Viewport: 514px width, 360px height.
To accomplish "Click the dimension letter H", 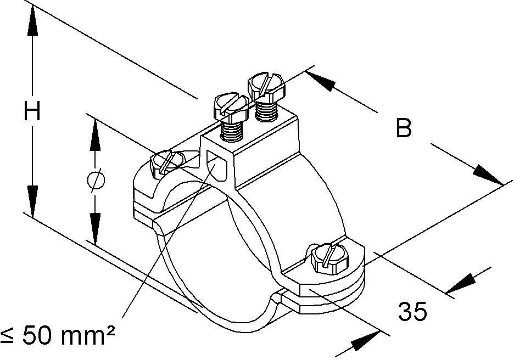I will [32, 113].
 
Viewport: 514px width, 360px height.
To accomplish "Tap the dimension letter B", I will [404, 129].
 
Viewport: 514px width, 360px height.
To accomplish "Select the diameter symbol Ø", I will [95, 181].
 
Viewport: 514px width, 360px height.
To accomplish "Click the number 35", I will [412, 312].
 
